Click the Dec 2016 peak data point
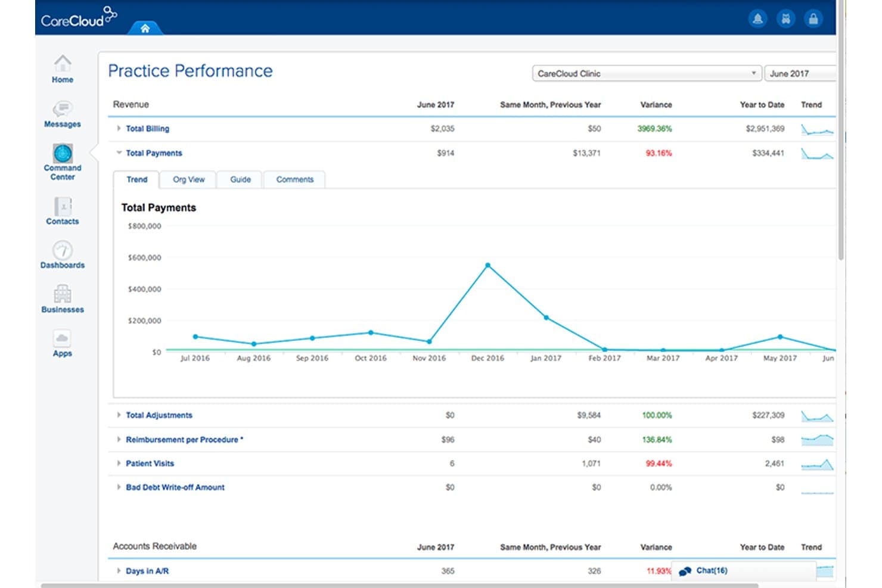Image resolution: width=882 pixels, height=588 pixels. pyautogui.click(x=487, y=265)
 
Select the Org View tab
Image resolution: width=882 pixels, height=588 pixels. pyautogui.click(x=188, y=179)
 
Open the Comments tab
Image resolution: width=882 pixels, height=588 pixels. pyautogui.click(x=294, y=179)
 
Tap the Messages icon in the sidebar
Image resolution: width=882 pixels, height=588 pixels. pyautogui.click(x=63, y=109)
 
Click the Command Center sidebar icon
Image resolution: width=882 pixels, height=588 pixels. pyautogui.click(x=63, y=154)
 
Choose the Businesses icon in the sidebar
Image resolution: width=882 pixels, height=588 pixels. pyautogui.click(x=63, y=294)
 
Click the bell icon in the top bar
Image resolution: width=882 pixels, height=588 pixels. pyautogui.click(x=757, y=19)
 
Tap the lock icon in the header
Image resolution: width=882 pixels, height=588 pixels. pyautogui.click(x=813, y=19)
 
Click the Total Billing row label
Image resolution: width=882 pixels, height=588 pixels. pyautogui.click(x=147, y=129)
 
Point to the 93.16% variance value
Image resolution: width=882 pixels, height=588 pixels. pyautogui.click(x=659, y=153)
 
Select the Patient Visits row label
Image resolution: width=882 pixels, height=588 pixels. pyautogui.click(x=150, y=463)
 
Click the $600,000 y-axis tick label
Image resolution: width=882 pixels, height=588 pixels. pyautogui.click(x=144, y=257)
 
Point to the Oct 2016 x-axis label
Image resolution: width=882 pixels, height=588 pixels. pyautogui.click(x=371, y=358)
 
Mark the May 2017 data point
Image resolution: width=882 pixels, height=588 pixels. pyautogui.click(x=780, y=337)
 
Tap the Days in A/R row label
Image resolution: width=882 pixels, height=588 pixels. pyautogui.click(x=147, y=571)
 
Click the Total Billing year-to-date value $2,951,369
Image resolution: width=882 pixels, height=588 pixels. pyautogui.click(x=765, y=129)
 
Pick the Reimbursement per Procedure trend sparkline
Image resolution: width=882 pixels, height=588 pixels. pyautogui.click(x=817, y=440)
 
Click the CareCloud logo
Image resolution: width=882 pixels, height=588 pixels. pyautogui.click(x=79, y=17)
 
